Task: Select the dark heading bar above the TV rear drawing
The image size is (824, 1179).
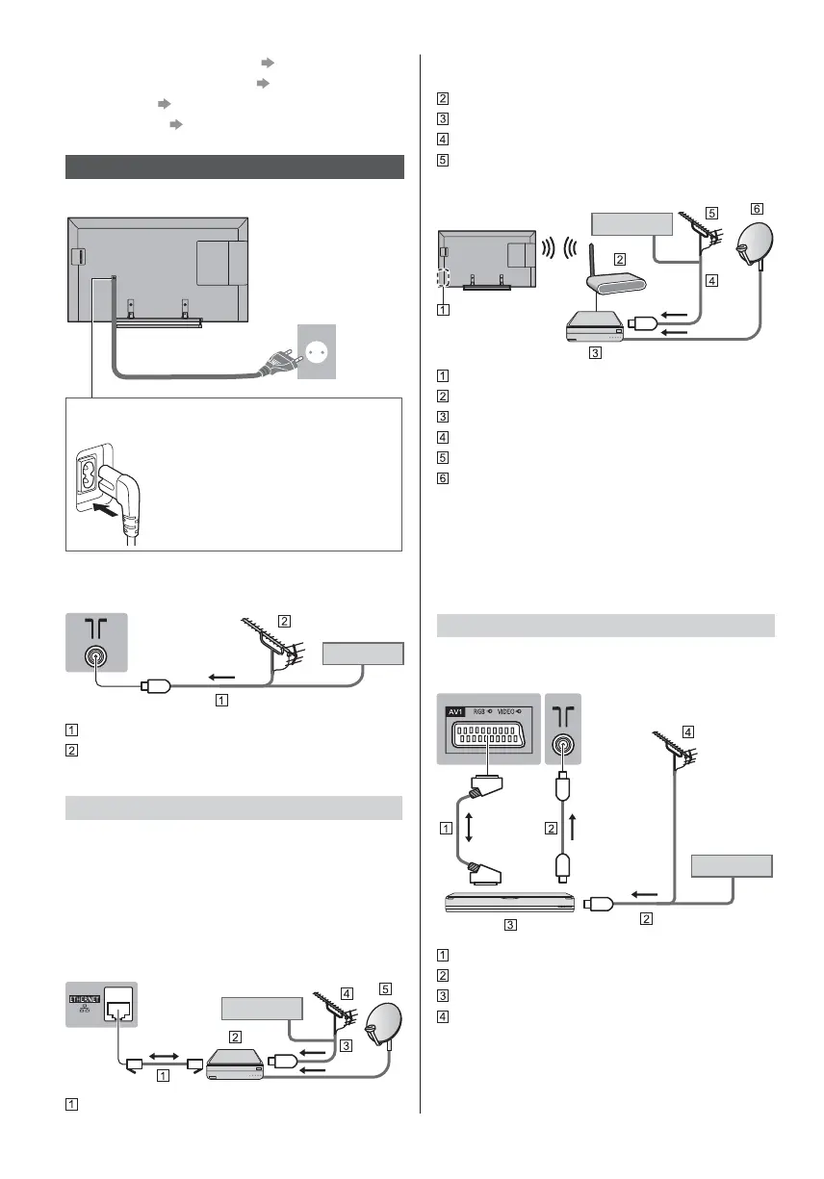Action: (x=234, y=167)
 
